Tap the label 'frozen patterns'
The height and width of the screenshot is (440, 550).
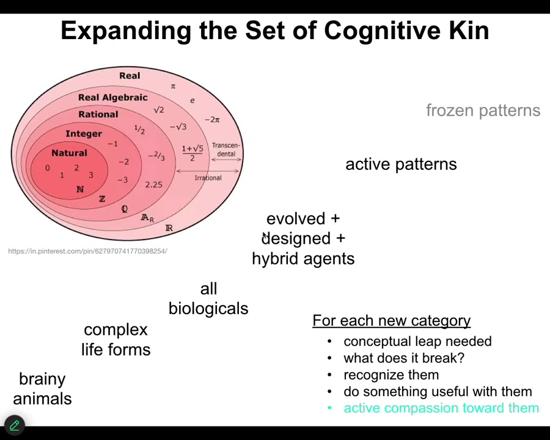483,111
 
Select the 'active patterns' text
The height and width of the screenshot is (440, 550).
401,164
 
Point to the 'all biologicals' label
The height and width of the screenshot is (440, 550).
208,299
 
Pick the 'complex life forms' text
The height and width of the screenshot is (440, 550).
116,340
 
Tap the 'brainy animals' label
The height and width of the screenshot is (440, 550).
42,389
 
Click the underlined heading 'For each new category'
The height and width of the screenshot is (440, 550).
391,321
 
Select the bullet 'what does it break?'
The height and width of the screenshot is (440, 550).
403,358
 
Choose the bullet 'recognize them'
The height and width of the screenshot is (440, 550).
391,375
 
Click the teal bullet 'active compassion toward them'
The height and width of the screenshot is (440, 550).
441,408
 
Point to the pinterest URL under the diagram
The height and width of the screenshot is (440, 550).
87,251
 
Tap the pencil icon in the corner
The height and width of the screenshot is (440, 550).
14,425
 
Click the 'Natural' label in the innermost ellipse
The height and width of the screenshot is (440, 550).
69,153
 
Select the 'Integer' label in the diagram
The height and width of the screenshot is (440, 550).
84,134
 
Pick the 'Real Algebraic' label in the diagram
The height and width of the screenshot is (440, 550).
112,98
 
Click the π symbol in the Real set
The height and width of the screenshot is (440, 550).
173,86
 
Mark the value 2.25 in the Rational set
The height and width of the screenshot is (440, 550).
154,185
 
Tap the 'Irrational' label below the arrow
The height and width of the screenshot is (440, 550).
208,178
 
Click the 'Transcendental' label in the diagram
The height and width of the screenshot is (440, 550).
226,150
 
